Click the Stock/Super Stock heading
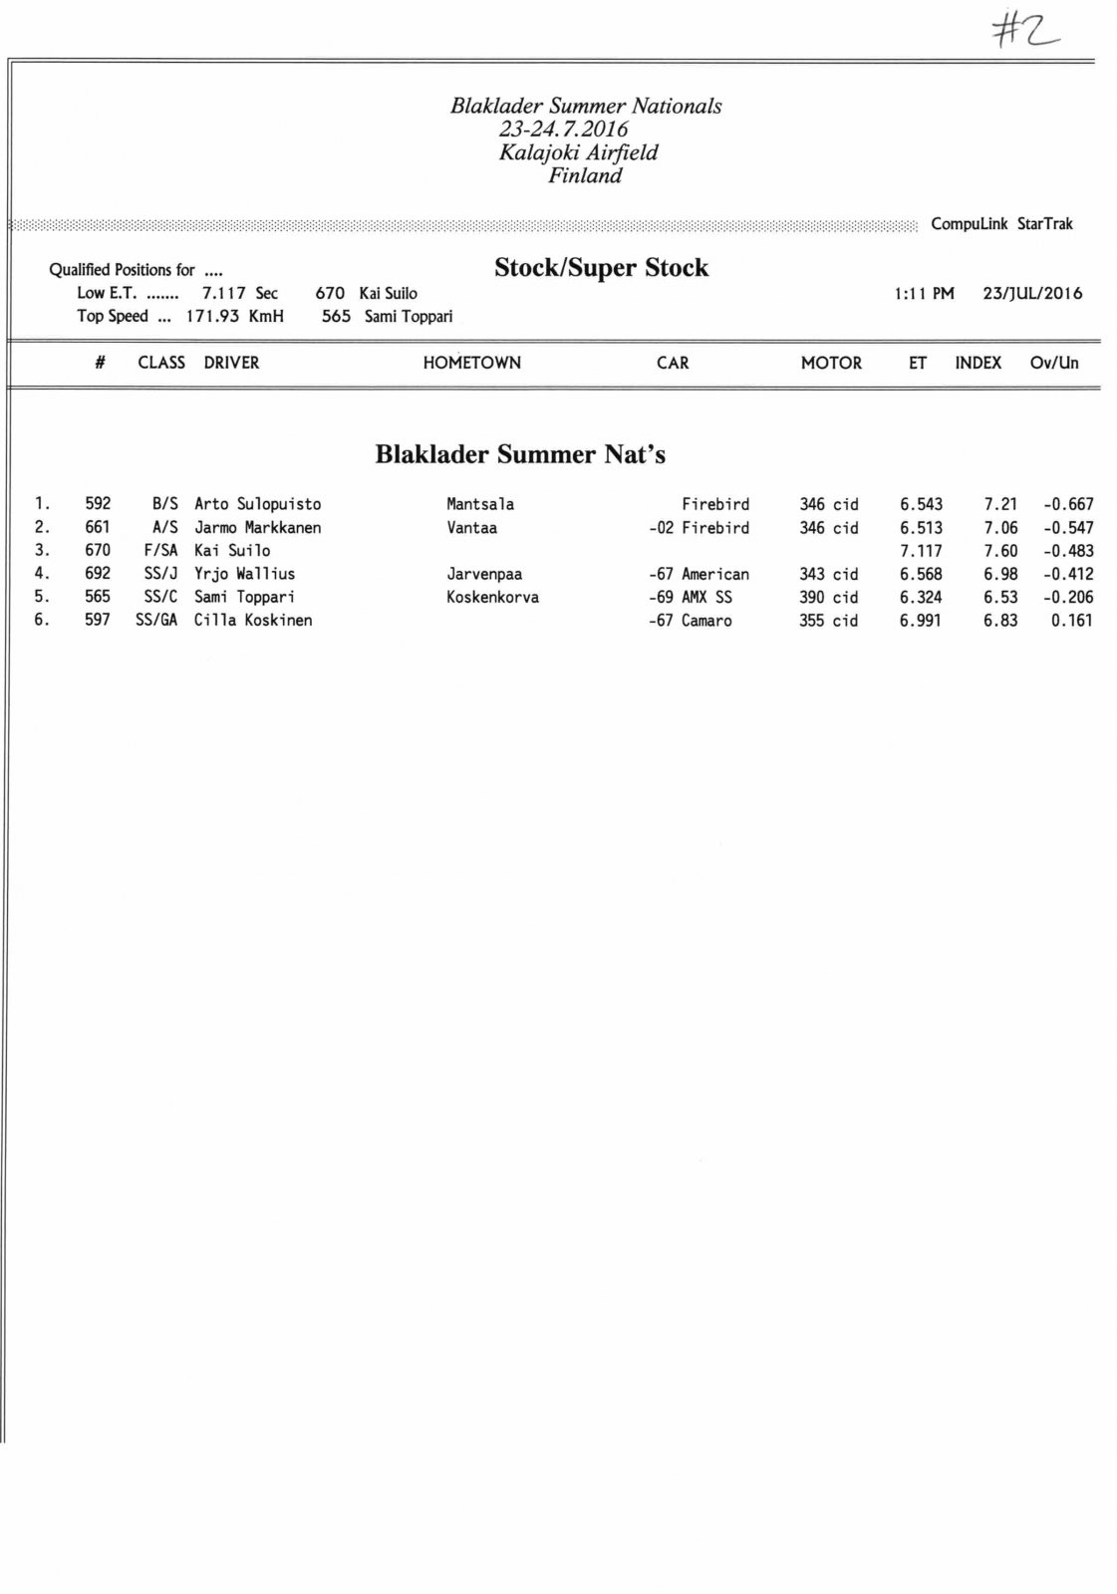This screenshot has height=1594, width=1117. click(601, 267)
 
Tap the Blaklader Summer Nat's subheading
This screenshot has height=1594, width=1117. click(520, 454)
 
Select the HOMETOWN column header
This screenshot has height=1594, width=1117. click(471, 363)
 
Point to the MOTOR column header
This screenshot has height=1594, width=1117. click(831, 363)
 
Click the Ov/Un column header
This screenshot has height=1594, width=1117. click(1054, 363)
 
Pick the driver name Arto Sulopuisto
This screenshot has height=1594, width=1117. click(257, 504)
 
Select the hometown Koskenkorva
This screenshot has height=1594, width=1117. click(492, 597)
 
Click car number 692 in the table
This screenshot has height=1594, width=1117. click(98, 574)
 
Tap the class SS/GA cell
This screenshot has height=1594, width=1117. click(156, 620)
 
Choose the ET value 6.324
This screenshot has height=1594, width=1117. click(921, 597)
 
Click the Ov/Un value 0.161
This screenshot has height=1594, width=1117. click(1071, 620)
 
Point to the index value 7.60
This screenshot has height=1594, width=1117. click(1000, 551)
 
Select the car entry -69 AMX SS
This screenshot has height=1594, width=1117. click(690, 597)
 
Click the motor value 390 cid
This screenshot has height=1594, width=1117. click(828, 597)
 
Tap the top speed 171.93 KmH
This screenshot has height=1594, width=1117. click(234, 316)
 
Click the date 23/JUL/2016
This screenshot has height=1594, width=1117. click(1032, 293)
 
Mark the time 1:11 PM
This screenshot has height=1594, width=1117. click(924, 293)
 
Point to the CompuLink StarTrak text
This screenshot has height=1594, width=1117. click(1001, 224)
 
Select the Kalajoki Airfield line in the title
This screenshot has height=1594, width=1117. click(579, 152)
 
